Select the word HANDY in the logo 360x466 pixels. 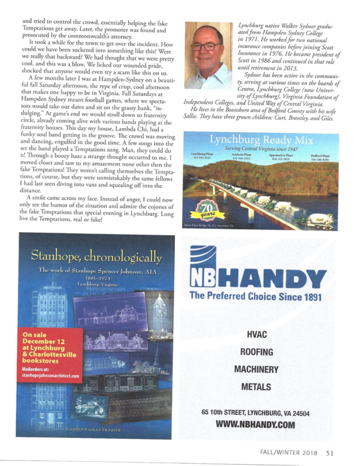[277, 274]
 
